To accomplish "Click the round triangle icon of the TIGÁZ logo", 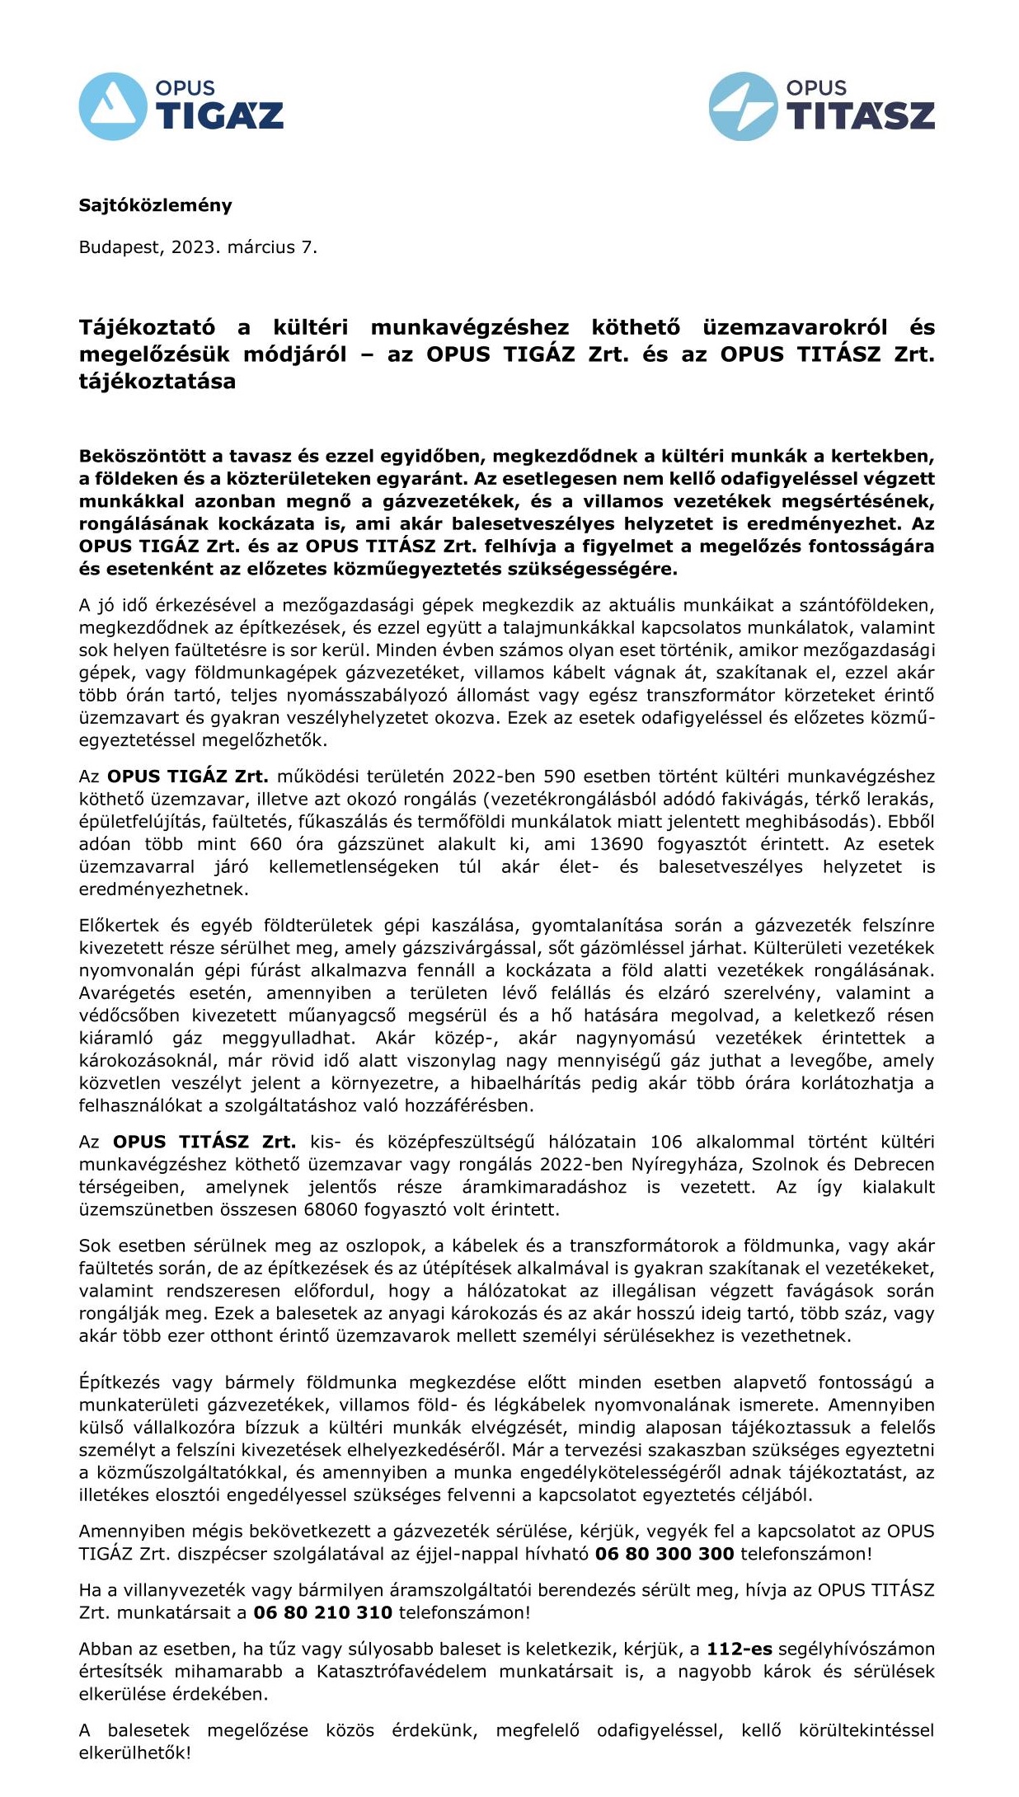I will click(113, 106).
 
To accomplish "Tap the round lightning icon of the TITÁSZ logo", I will click(743, 106).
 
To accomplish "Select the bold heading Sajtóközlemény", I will click(155, 205).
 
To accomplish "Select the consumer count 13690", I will click(616, 844).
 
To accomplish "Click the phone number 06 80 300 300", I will click(664, 1554).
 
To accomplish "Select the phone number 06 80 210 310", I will click(322, 1612).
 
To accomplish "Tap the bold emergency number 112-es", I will click(740, 1649).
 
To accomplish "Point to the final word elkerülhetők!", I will click(134, 1752).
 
